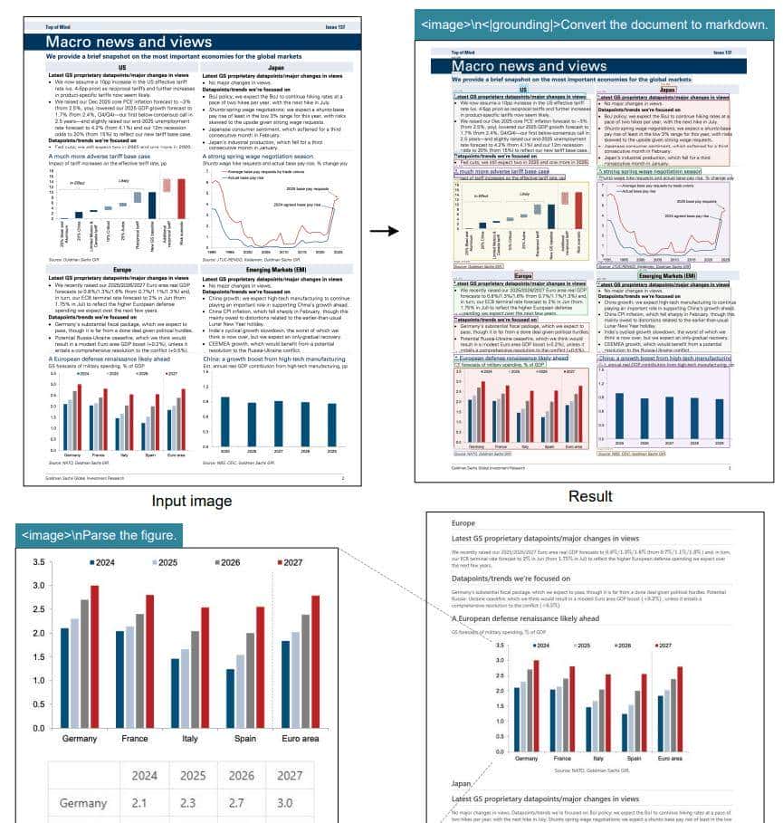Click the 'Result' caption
[590, 496]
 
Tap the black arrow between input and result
[385, 231]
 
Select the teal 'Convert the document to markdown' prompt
[595, 25]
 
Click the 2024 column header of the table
[144, 775]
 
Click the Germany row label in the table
[82, 803]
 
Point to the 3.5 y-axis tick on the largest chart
[38, 562]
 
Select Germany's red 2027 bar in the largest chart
[94, 656]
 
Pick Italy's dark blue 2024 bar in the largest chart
[176, 694]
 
